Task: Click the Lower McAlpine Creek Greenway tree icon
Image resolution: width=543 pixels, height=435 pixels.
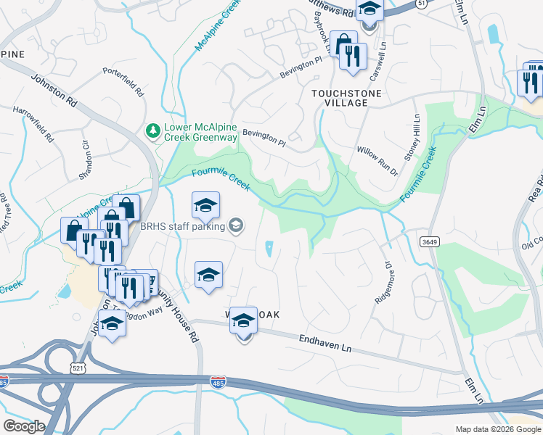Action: (x=153, y=130)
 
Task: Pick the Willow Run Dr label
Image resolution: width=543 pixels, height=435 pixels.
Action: (x=377, y=161)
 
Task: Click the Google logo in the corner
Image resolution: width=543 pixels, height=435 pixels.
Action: (x=24, y=426)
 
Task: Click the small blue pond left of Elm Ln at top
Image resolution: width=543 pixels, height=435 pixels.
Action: (x=494, y=33)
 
